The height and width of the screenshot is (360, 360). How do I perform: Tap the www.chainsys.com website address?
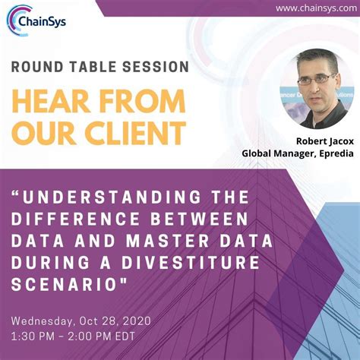[311, 8]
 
